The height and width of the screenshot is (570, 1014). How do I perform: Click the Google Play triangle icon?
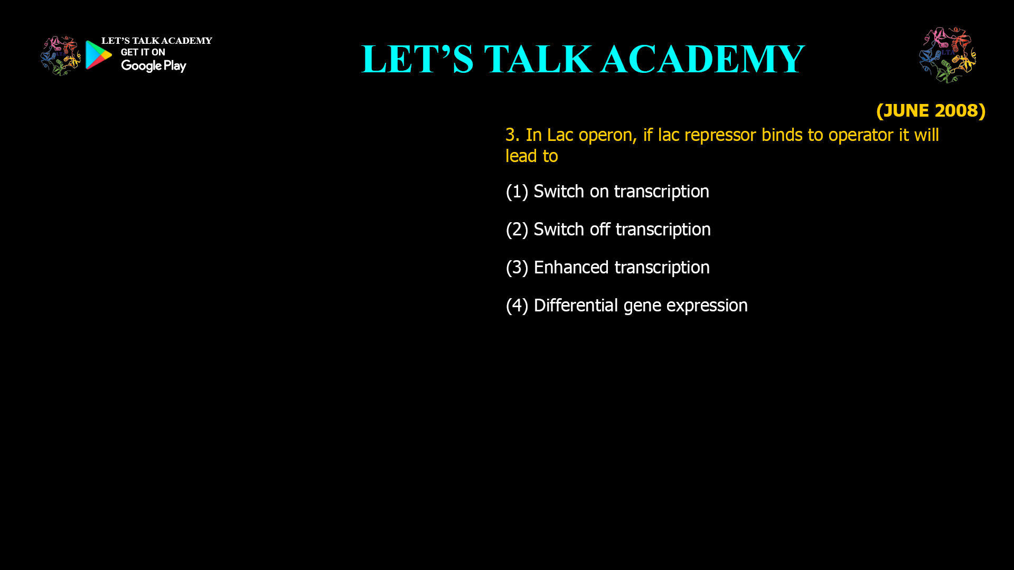point(98,55)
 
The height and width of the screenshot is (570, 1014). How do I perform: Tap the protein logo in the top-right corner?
point(947,55)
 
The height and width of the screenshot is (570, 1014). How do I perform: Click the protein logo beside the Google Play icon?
point(60,56)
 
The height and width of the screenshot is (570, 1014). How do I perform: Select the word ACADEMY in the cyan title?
point(703,59)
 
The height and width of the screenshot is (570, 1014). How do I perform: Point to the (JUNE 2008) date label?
point(931,111)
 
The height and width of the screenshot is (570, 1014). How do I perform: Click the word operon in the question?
point(607,135)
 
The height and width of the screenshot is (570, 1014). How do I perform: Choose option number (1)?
point(517,192)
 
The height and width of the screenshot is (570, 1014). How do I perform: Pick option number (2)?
point(517,230)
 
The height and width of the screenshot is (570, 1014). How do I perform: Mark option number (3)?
point(517,268)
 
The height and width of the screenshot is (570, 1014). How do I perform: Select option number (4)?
point(517,306)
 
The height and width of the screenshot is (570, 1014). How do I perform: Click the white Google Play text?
point(153,66)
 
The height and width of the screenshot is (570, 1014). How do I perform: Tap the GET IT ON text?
point(143,52)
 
